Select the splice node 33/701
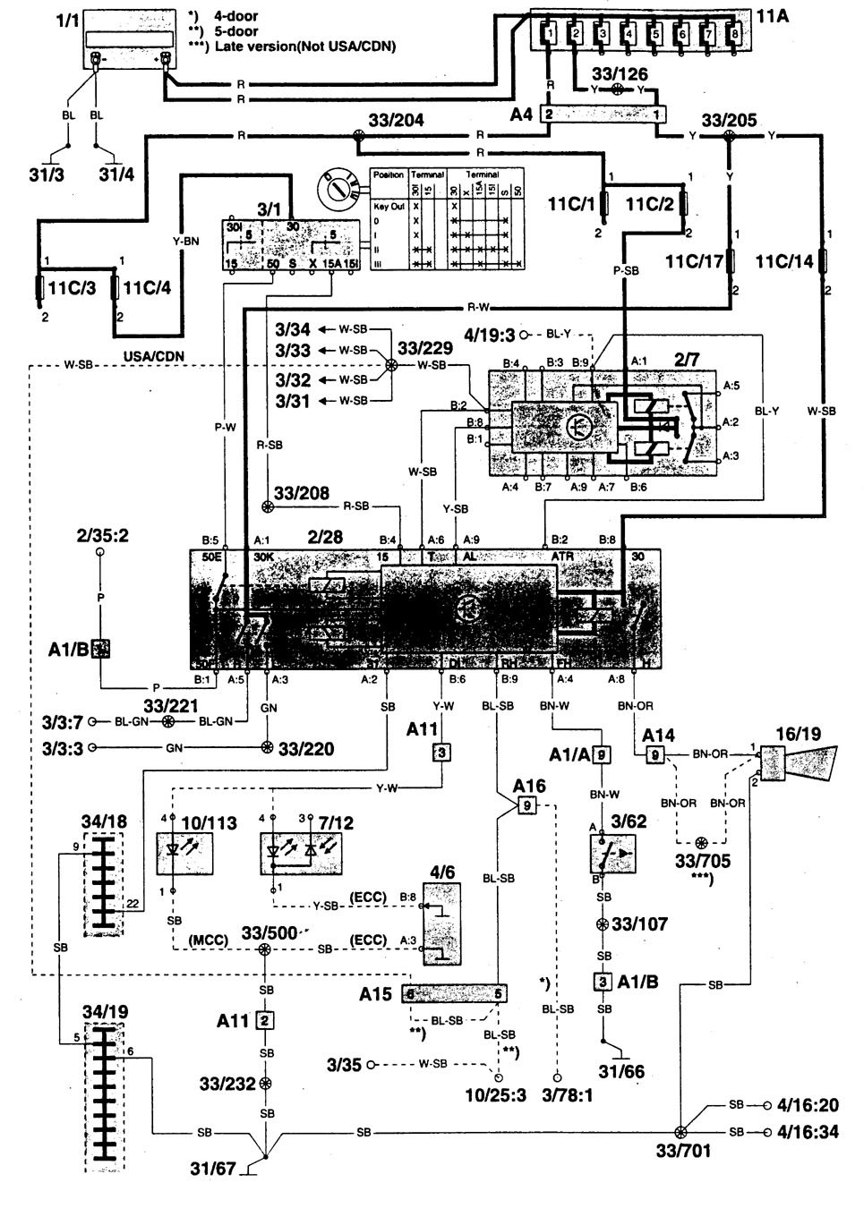(680, 1132)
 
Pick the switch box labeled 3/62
(612, 855)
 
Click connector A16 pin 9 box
(526, 805)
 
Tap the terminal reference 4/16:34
(809, 1132)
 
